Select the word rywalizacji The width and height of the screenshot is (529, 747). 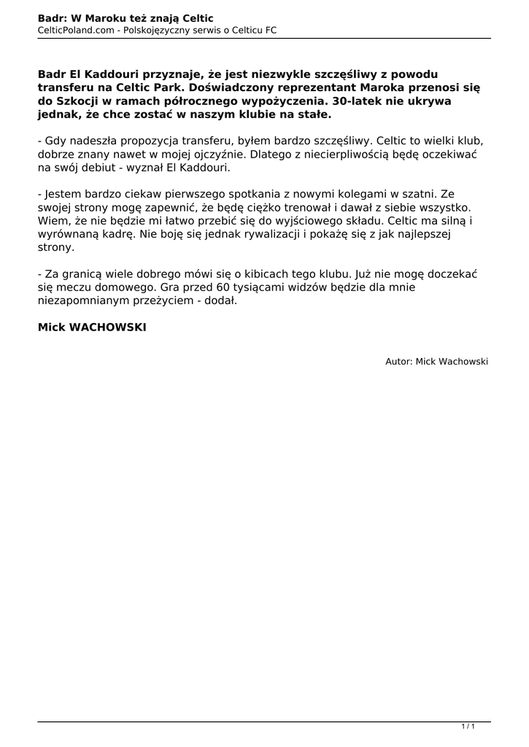click(x=241, y=234)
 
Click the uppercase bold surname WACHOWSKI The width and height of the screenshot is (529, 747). click(x=107, y=328)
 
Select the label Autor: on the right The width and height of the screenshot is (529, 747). click(x=399, y=361)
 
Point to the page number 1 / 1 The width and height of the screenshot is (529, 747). click(x=468, y=726)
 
